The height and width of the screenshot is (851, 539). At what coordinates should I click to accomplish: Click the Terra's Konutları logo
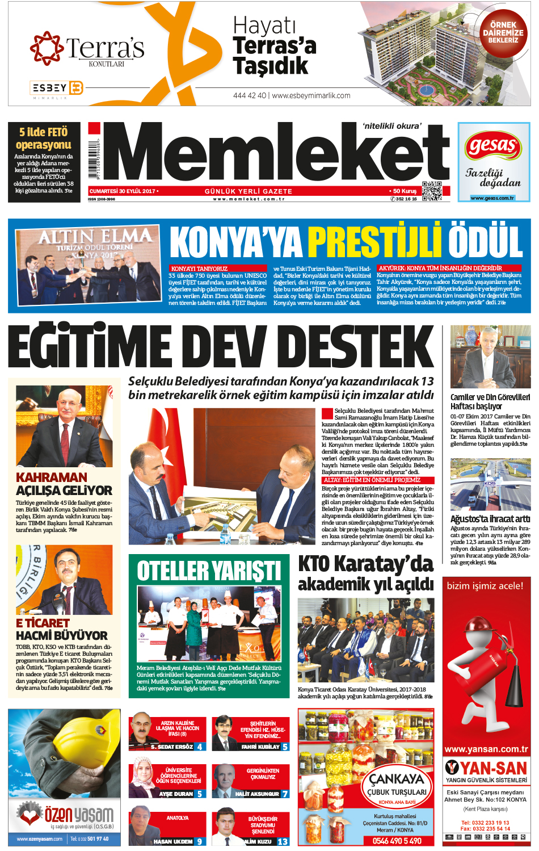tap(88, 50)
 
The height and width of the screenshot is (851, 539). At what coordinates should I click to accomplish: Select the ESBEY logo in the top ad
tap(56, 88)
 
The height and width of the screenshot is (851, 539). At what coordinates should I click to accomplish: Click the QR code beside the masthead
tap(432, 191)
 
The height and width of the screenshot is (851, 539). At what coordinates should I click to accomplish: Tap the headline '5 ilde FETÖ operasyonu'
tap(44, 139)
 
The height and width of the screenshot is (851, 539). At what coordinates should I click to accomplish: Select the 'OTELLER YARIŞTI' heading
tap(209, 571)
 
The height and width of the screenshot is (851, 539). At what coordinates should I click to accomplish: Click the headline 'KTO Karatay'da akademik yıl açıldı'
tap(366, 573)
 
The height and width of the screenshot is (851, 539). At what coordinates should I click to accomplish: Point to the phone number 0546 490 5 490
tap(397, 841)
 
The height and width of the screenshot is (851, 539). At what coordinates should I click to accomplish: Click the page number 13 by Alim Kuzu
tap(283, 841)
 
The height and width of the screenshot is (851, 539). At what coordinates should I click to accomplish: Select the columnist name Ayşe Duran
tap(176, 794)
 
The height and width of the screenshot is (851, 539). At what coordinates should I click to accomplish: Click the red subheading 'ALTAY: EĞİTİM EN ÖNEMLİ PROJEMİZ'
tap(372, 480)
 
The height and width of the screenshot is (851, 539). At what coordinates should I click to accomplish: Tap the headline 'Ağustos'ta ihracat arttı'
tap(490, 519)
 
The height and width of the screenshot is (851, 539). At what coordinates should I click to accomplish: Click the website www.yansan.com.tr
tap(486, 749)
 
